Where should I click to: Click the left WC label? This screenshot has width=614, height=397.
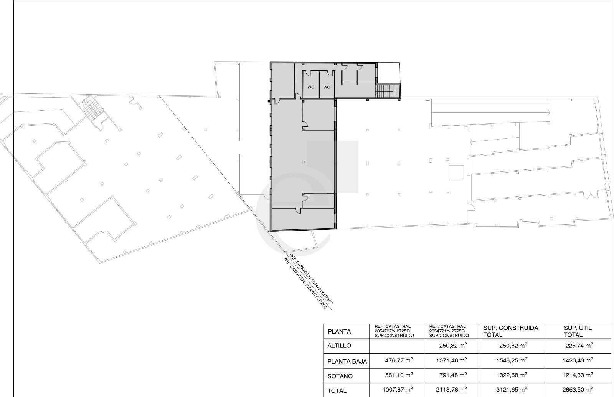pyautogui.click(x=310, y=87)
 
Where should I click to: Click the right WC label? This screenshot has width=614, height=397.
pyautogui.click(x=327, y=87)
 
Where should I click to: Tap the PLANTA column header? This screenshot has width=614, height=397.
pyautogui.click(x=339, y=331)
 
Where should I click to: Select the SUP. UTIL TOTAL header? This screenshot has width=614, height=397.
pyautogui.click(x=578, y=331)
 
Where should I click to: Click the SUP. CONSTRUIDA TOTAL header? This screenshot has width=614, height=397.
pyautogui.click(x=511, y=331)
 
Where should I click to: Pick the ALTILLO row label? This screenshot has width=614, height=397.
pyautogui.click(x=339, y=346)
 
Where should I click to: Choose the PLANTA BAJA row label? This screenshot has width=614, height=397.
pyautogui.click(x=347, y=362)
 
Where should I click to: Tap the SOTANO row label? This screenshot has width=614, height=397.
pyautogui.click(x=340, y=376)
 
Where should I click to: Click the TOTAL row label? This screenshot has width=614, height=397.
pyautogui.click(x=337, y=391)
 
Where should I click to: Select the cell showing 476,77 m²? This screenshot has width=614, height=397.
pyautogui.click(x=399, y=360)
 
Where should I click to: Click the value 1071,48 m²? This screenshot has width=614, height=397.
pyautogui.click(x=451, y=360)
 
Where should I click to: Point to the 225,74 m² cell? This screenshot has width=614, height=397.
pyautogui.click(x=579, y=346)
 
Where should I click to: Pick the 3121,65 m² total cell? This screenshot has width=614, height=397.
pyautogui.click(x=512, y=389)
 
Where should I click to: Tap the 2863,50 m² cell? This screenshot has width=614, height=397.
pyautogui.click(x=578, y=389)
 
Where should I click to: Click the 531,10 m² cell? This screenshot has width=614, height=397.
pyautogui.click(x=399, y=375)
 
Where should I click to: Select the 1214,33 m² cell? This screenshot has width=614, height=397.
pyautogui.click(x=578, y=375)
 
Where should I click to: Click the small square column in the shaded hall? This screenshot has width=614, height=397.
pyautogui.click(x=303, y=162)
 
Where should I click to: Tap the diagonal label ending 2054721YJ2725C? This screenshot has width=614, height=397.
pyautogui.click(x=311, y=279)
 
